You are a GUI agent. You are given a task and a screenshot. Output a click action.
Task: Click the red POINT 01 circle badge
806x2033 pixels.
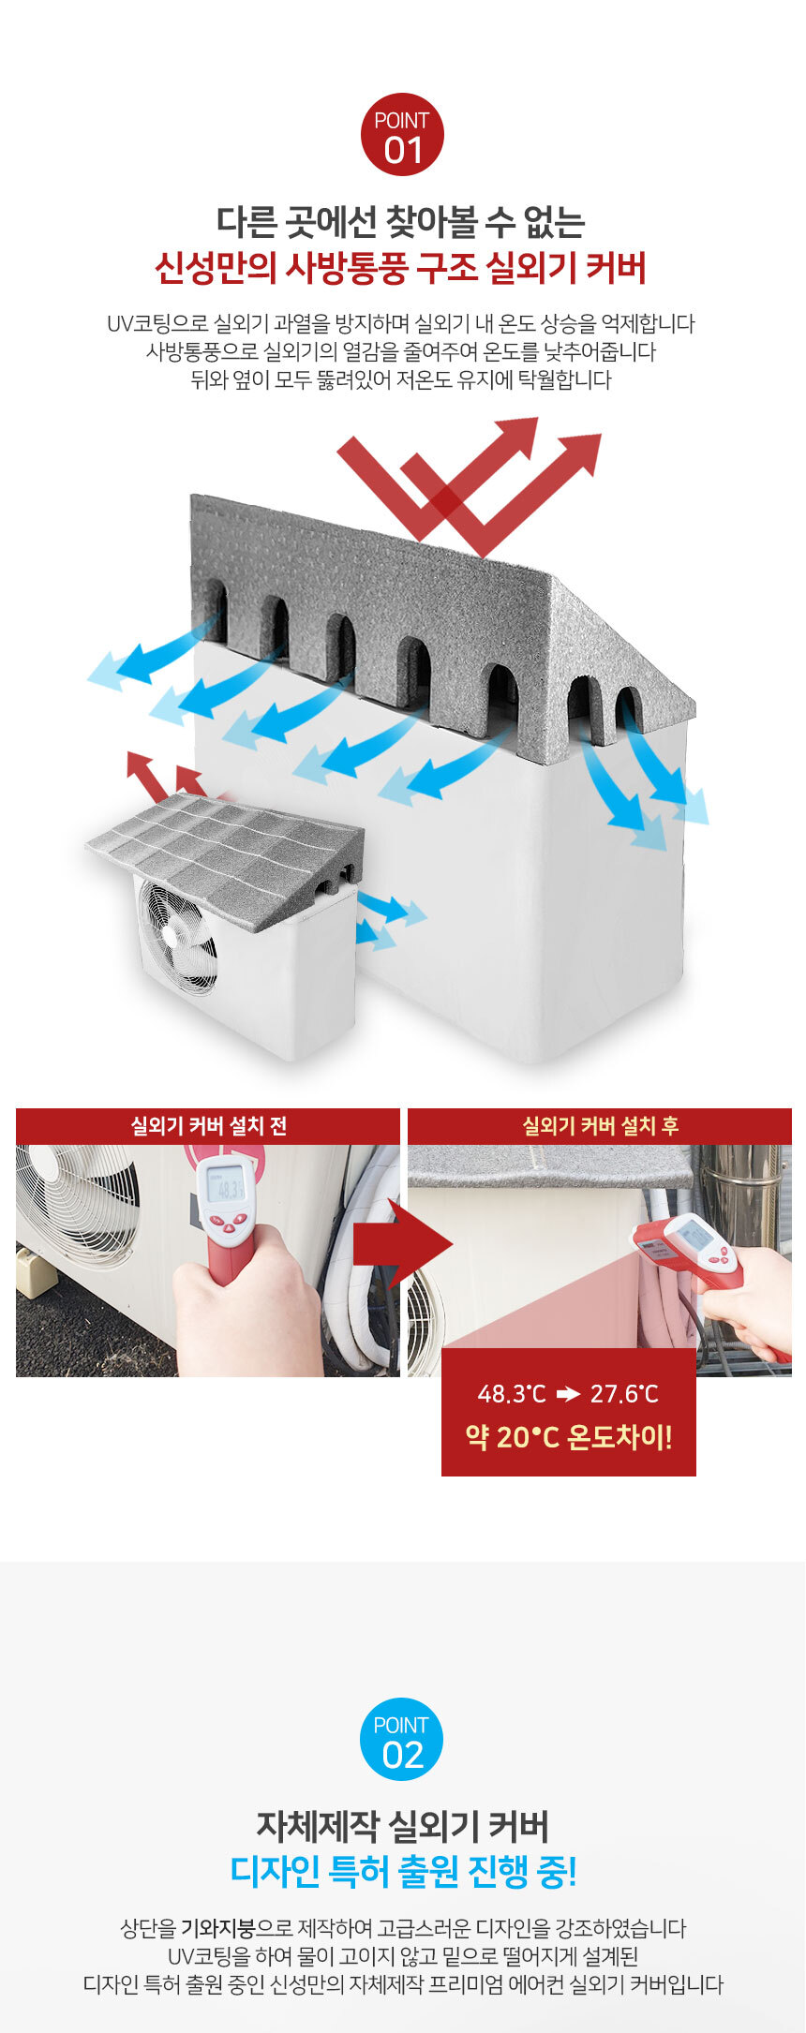click(402, 134)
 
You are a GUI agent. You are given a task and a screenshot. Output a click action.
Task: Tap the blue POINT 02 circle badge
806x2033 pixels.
click(402, 1739)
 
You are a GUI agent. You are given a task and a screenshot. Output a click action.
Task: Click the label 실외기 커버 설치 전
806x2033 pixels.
click(208, 1126)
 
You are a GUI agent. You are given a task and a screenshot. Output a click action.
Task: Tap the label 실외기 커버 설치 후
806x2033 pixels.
click(600, 1126)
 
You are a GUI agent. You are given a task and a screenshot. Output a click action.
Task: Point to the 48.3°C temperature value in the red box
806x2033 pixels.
click(512, 1394)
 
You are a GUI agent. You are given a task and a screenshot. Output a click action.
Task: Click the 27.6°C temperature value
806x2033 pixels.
click(624, 1394)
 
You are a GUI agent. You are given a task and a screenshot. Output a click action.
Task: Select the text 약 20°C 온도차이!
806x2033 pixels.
click(569, 1437)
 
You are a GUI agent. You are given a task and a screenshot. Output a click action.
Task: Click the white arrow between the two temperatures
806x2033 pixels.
click(568, 1394)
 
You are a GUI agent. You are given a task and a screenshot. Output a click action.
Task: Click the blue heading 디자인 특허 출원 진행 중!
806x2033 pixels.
click(403, 1872)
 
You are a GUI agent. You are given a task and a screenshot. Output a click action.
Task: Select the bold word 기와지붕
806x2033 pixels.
click(218, 1929)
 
